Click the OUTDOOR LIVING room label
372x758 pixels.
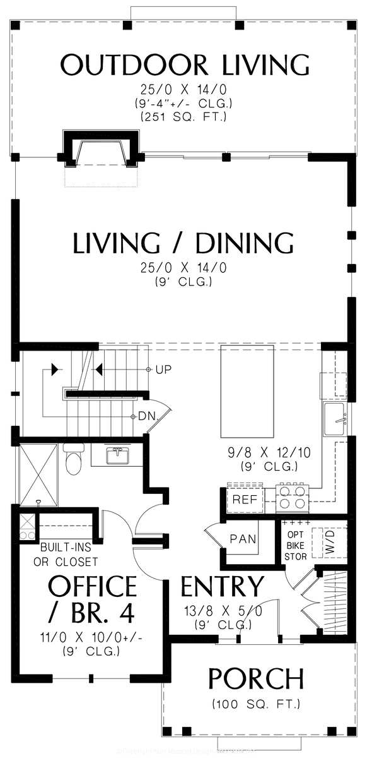tap(185, 64)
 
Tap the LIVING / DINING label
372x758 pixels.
tap(183, 243)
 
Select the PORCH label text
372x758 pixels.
tap(255, 679)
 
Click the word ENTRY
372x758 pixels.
tap(223, 587)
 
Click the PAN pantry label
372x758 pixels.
tap(243, 539)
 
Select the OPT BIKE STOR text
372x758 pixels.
tap(296, 541)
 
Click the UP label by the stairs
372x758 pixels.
tap(163, 369)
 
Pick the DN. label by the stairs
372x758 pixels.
tap(148, 416)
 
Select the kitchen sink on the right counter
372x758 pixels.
tap(336, 420)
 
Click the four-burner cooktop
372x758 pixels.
tap(292, 497)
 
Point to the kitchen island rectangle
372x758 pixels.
tap(247, 392)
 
